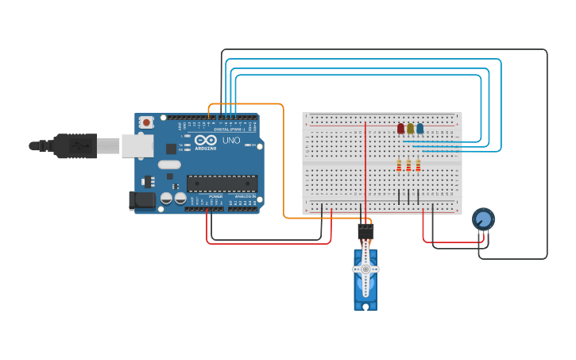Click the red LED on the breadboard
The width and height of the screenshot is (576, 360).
(x=400, y=129)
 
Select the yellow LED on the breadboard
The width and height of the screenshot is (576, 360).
(x=410, y=129)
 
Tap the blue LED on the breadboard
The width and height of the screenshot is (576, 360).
(x=419, y=128)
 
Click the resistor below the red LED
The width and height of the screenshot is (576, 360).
(x=399, y=165)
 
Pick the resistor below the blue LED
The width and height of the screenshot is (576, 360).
(x=418, y=165)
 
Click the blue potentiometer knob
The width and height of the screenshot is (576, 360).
(x=483, y=219)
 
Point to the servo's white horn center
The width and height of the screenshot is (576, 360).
(x=365, y=269)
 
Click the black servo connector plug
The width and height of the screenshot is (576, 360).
(x=365, y=230)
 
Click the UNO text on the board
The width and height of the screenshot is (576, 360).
(x=230, y=141)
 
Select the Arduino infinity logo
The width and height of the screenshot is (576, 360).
(x=206, y=140)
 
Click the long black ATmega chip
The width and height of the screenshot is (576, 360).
(x=222, y=183)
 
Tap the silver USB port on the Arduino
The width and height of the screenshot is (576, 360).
(x=137, y=145)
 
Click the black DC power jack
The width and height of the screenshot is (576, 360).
(x=141, y=200)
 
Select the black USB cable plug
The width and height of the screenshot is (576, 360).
(x=75, y=145)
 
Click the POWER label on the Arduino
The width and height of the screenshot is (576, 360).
(x=215, y=196)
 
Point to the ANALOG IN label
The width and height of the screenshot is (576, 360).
(x=245, y=196)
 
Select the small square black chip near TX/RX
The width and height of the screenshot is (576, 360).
(x=171, y=149)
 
